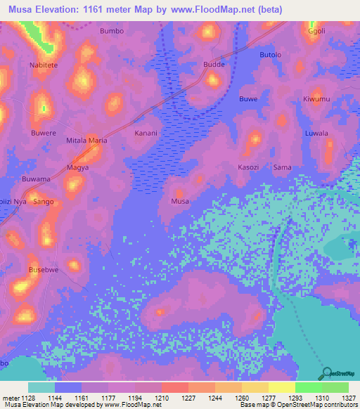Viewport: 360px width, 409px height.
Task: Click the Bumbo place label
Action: click(x=112, y=32)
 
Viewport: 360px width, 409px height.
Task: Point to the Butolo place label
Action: click(x=271, y=55)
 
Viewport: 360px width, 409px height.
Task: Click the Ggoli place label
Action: click(x=317, y=32)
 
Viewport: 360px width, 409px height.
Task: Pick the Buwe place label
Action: click(x=247, y=99)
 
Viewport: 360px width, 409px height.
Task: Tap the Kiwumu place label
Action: click(x=316, y=99)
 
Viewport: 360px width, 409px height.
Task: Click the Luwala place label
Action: click(x=316, y=133)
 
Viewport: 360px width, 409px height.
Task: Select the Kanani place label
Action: click(x=146, y=133)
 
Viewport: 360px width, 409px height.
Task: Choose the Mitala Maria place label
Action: click(x=86, y=141)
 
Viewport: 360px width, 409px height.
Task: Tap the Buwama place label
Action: click(x=36, y=179)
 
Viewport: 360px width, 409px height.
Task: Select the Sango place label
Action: click(x=44, y=202)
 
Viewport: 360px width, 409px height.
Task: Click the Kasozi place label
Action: click(x=249, y=167)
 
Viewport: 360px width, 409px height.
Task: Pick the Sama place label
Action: click(x=282, y=167)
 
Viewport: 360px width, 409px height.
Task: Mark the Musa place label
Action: click(x=180, y=202)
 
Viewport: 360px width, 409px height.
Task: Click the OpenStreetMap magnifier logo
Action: click(x=325, y=372)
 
